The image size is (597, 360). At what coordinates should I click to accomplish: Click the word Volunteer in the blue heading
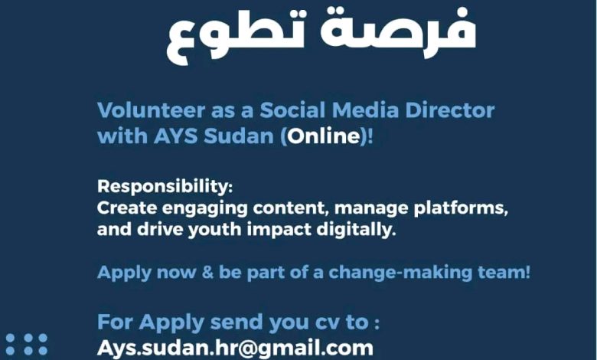point(151,110)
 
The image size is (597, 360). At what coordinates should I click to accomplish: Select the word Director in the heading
point(449,110)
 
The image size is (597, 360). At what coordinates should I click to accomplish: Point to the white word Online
point(324,136)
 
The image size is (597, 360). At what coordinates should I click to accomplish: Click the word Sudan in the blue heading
point(239,136)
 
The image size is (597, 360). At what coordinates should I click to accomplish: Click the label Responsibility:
point(165,187)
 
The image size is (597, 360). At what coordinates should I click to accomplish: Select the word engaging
point(205,209)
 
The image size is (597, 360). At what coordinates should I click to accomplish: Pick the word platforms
point(461,209)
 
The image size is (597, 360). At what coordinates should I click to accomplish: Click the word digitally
point(356,230)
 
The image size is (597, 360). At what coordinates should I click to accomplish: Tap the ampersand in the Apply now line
point(207,273)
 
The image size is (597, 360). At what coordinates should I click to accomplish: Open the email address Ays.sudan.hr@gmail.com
point(235,349)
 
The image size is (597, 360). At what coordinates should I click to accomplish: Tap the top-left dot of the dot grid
point(10,338)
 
